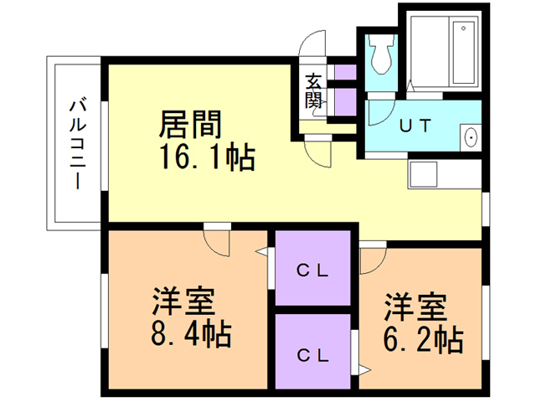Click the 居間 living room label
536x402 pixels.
pyautogui.click(x=191, y=125)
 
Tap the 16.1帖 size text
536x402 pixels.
pyautogui.click(x=204, y=157)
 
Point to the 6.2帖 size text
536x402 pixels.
pyautogui.click(x=423, y=340)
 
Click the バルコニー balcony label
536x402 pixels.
pyautogui.click(x=77, y=143)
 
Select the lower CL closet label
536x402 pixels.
pyautogui.click(x=312, y=353)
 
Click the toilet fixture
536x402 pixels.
pyautogui.click(x=382, y=54)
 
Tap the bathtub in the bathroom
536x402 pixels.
pyautogui.click(x=460, y=52)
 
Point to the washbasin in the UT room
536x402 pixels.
pyautogui.click(x=470, y=137)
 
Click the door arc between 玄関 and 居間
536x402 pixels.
pyautogui.click(x=319, y=151)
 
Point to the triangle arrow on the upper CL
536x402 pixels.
pyautogui.click(x=271, y=252)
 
